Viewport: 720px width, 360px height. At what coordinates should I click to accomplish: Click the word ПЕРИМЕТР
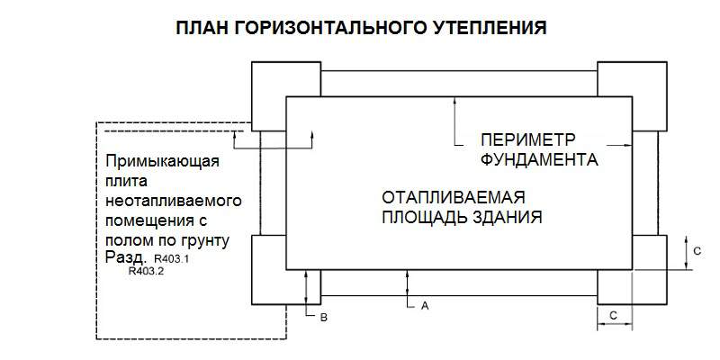pyautogui.click(x=526, y=141)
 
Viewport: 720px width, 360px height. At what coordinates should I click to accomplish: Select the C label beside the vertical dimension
pyautogui.click(x=687, y=253)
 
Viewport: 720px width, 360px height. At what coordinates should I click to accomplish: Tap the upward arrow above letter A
pyautogui.click(x=407, y=286)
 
